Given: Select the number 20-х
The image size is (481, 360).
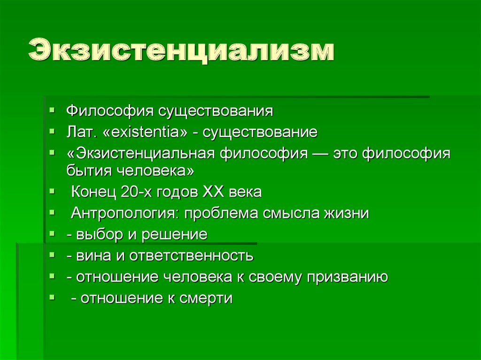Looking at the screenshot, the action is [x=136, y=192].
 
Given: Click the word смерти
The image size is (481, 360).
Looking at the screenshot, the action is [x=206, y=299].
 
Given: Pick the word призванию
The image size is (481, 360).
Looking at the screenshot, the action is [x=348, y=277].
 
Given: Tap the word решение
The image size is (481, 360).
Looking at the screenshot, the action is [x=174, y=235].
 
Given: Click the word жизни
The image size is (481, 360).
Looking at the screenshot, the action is [x=346, y=214].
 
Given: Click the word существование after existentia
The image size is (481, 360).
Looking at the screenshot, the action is [x=260, y=133].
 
